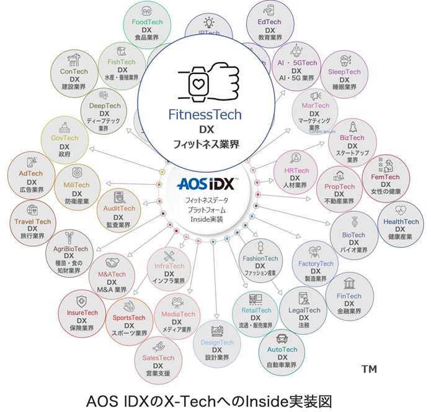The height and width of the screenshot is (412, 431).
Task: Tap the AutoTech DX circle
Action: point(282,353)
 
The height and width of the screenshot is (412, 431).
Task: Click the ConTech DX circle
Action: point(74,74)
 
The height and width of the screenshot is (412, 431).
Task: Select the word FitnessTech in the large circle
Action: point(205,114)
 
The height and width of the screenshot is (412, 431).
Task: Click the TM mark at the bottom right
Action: point(369,370)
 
